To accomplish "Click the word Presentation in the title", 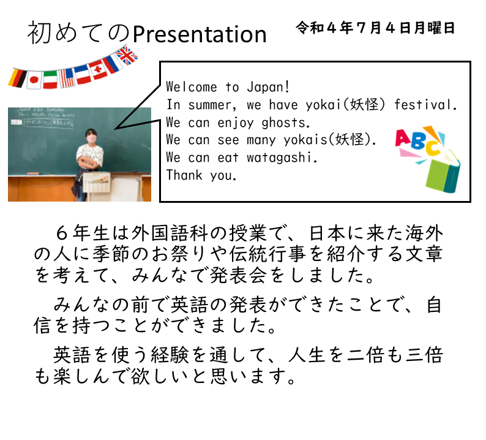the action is [x=200, y=35].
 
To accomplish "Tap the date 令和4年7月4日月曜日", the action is [x=375, y=28].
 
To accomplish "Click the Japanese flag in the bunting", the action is [x=34, y=80].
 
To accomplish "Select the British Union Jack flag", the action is [x=127, y=56].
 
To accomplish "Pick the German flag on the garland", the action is [x=17, y=78].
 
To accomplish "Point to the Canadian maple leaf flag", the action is [x=99, y=69].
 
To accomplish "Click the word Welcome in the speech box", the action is [x=192, y=87].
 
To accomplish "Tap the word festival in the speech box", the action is [x=425, y=105].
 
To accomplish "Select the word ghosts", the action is [x=285, y=123].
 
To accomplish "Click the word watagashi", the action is [x=282, y=157].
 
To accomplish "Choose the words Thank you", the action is [x=201, y=175].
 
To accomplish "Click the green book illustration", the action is [x=443, y=172].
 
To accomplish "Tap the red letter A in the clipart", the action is [x=403, y=138].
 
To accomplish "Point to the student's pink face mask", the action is [x=91, y=138].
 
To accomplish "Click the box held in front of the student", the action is [x=96, y=182].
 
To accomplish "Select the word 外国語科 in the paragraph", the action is [x=169, y=233].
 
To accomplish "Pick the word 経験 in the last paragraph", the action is [x=170, y=355].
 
